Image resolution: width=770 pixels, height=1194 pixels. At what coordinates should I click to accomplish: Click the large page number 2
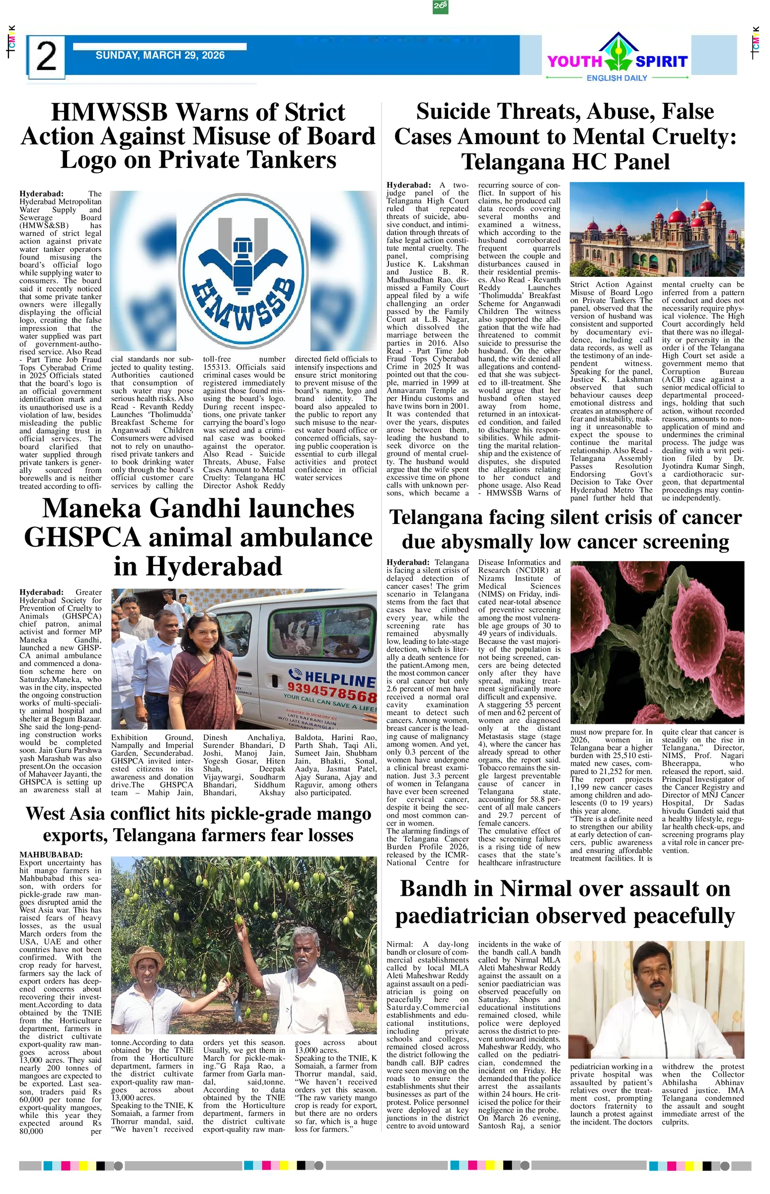pyautogui.click(x=46, y=57)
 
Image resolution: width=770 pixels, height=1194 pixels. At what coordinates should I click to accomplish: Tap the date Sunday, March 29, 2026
pyautogui.click(x=160, y=56)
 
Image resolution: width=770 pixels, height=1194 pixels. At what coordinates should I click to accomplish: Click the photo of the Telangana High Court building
pyautogui.click(x=657, y=230)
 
